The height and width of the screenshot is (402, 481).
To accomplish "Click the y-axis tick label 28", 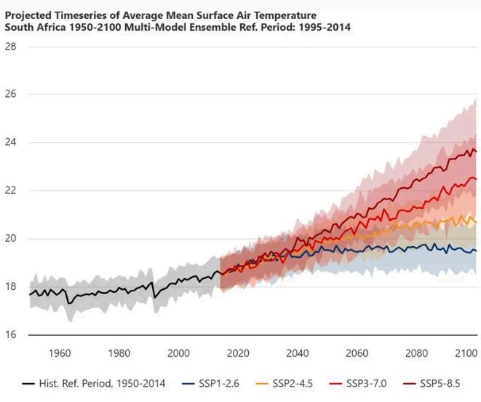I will tap(10, 47).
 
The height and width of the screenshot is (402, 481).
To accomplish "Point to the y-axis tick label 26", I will tap(10, 95).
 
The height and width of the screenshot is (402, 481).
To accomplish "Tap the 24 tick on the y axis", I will tap(10, 143).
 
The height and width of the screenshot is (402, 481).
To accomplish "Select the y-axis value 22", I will tap(10, 191).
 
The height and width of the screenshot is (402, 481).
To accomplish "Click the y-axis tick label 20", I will tap(10, 239).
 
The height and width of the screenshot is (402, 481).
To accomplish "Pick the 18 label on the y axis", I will tap(10, 287).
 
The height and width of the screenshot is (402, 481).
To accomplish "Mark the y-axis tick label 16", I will tap(10, 335).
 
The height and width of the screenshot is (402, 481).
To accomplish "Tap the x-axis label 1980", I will tap(119, 354).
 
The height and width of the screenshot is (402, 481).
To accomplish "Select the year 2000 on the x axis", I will tap(178, 354).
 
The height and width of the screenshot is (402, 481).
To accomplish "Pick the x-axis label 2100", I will tap(463, 354).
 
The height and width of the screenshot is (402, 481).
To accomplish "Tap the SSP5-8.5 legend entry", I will tap(439, 383).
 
